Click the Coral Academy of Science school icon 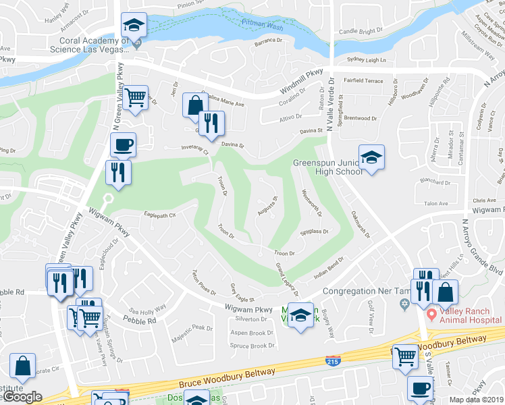tap(134, 25)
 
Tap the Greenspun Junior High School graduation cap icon tap(371, 157)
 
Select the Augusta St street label tap(268, 208)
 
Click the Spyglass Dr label tap(313, 232)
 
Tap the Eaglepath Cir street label tap(160, 215)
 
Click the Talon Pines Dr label tap(203, 279)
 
